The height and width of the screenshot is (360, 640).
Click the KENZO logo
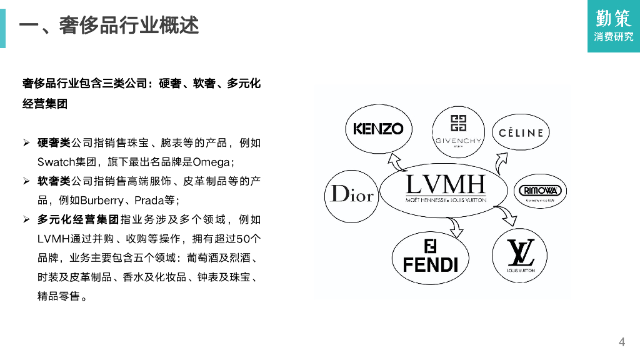pyautogui.click(x=379, y=129)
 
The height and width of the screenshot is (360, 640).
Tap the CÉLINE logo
pyautogui.click(x=521, y=132)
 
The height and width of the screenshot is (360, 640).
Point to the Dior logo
pyautogui.click(x=352, y=194)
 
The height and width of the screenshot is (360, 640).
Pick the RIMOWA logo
pyautogui.click(x=541, y=191)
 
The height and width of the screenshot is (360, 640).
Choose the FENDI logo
pyautogui.click(x=431, y=257)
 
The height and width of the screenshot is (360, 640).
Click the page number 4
pyautogui.click(x=621, y=341)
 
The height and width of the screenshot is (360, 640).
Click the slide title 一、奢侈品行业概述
pyautogui.click(x=109, y=26)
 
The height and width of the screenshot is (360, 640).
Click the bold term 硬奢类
pyautogui.click(x=54, y=143)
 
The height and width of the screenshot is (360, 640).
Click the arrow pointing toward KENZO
pyautogui.click(x=396, y=161)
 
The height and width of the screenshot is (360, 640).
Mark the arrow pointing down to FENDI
pyautogui.click(x=454, y=227)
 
